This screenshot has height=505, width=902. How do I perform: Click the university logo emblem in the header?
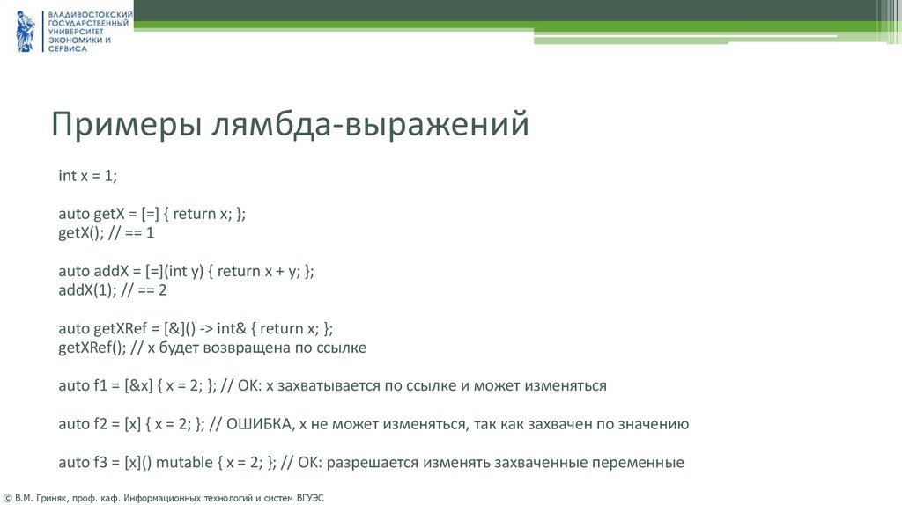pos(25,31)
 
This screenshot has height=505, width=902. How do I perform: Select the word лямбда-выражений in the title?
pos(369,123)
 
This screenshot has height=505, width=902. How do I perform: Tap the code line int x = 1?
pos(87,176)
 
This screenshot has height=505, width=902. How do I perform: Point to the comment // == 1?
pos(131,233)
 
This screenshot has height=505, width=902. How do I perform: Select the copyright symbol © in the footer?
pos(8,498)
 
